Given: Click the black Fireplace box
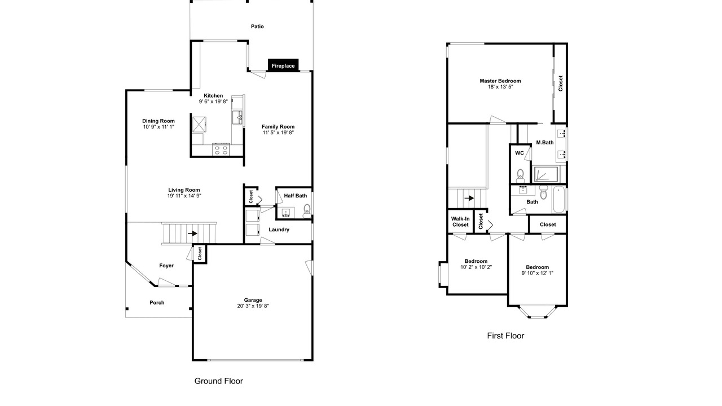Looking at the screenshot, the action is tap(283, 65).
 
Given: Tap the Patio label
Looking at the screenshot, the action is tap(257, 27).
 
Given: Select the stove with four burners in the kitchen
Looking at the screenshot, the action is tap(221, 150).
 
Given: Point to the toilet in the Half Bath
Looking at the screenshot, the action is tap(307, 211).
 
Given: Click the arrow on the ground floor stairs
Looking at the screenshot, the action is tap(192, 233).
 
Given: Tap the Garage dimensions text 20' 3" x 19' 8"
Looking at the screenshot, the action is tap(253, 306).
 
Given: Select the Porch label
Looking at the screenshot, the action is tap(157, 303).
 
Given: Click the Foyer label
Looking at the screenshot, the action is tap(166, 266).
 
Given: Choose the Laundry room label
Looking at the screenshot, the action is tap(279, 230).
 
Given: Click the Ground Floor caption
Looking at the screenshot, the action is tap(218, 381).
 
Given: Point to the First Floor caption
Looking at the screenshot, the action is tap(505, 336).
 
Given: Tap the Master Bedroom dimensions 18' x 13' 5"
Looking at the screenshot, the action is tap(500, 87).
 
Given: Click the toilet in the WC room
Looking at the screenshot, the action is tap(520, 176).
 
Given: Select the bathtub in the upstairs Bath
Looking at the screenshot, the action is tap(559, 200).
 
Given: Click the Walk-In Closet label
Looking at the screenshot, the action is tap(460, 222).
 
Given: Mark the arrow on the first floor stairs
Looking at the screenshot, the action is tap(469, 198).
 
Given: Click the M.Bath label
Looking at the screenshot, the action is tap(545, 143).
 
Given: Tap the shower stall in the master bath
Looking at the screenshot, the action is tap(547, 174).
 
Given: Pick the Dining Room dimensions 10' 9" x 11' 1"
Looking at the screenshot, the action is tap(159, 127).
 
